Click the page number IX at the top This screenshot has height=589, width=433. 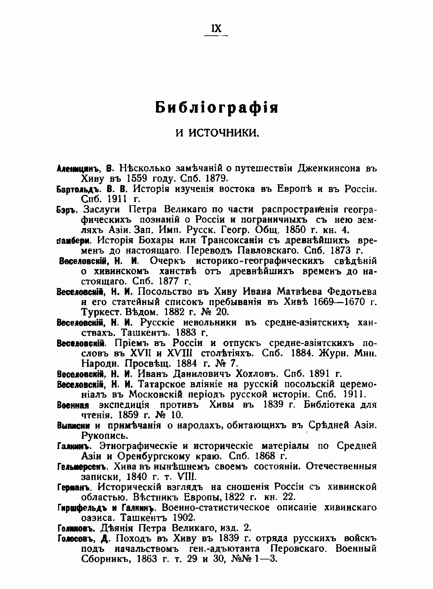pyautogui.click(x=216, y=29)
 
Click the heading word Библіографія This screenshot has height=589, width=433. pyautogui.click(x=216, y=108)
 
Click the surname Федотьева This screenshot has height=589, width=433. pyautogui.click(x=347, y=292)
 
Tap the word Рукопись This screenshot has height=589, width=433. pyautogui.click(x=104, y=436)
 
